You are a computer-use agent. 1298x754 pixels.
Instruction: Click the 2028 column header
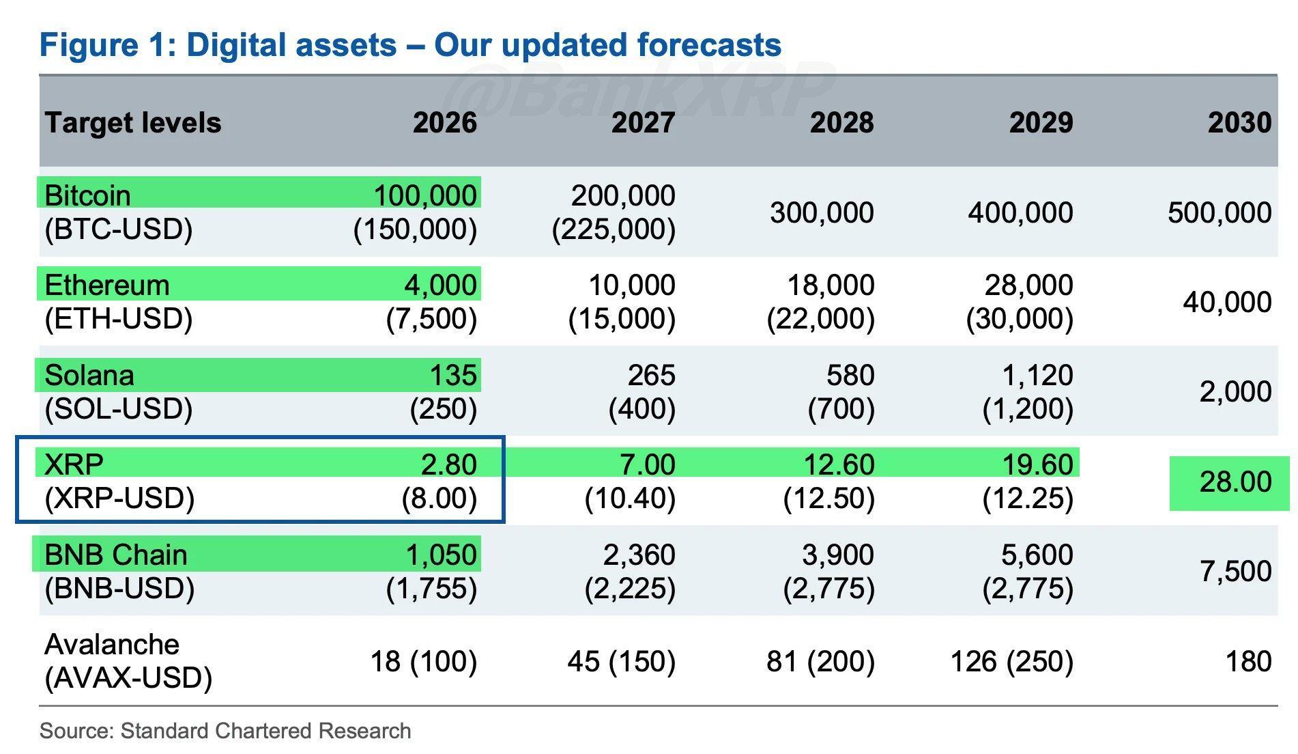point(841,123)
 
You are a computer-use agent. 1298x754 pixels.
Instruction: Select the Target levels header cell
point(133,123)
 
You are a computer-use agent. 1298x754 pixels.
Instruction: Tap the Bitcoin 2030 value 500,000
point(1219,212)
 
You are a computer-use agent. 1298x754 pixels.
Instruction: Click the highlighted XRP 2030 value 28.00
point(1235,482)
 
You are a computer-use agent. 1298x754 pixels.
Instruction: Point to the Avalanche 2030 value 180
point(1248,661)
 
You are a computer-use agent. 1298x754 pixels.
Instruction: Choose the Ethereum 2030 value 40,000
point(1226,302)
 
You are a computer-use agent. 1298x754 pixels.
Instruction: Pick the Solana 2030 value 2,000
point(1235,391)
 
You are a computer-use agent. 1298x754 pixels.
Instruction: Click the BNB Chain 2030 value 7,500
point(1235,571)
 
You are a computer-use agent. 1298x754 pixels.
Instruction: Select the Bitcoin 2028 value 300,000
point(822,212)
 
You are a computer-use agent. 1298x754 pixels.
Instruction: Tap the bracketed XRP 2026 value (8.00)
point(439,498)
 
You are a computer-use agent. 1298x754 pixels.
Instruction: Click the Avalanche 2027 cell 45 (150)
point(621,661)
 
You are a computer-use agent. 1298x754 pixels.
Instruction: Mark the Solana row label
point(89,375)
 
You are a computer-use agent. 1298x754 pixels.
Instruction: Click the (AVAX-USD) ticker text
point(128,678)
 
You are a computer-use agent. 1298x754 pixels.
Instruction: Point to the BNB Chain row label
point(115,555)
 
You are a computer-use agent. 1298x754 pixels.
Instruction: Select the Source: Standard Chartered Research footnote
point(225,731)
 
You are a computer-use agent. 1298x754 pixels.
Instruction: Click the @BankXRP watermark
point(641,89)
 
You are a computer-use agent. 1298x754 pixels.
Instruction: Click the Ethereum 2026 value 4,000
point(440,285)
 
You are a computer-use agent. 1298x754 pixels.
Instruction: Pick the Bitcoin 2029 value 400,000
point(1020,212)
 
